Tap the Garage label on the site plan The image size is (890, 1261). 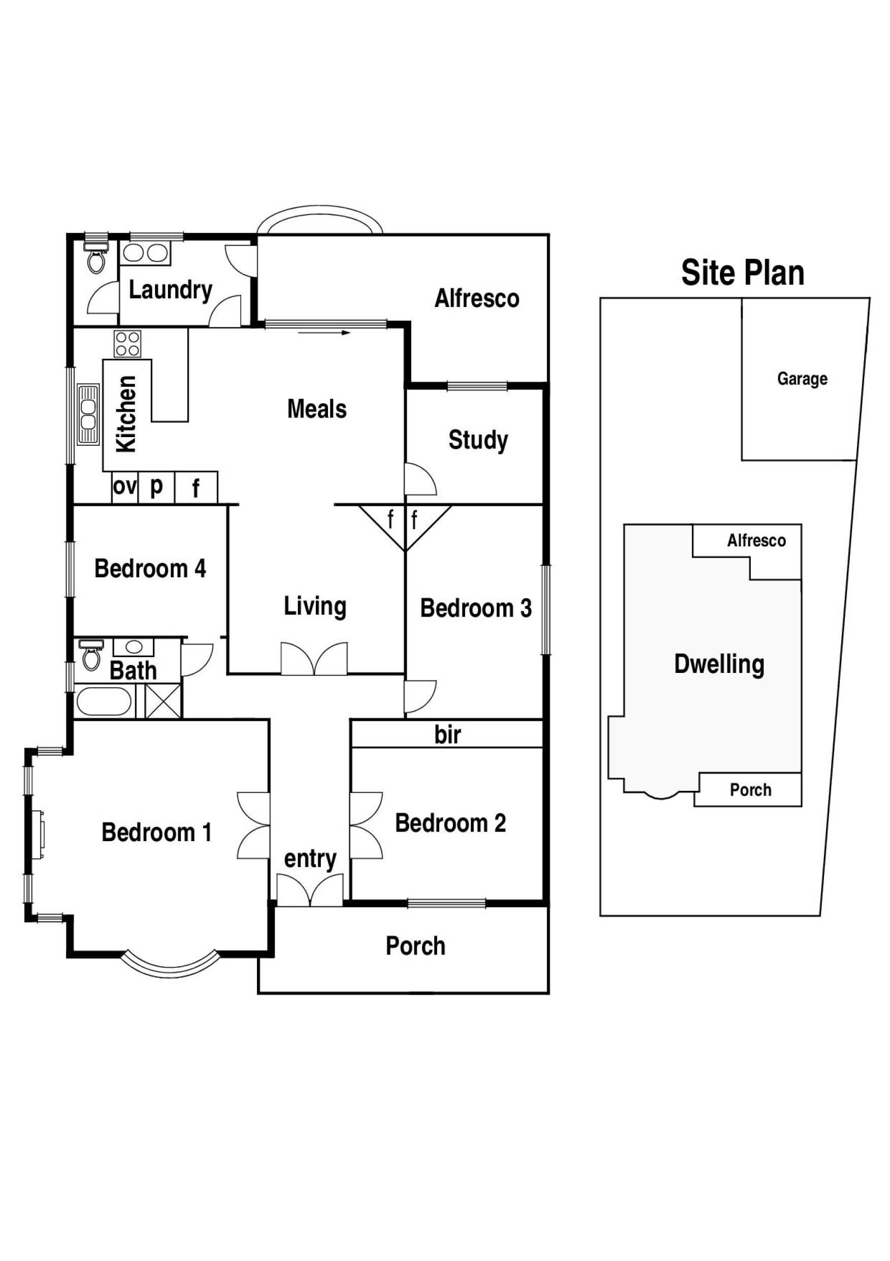point(802,379)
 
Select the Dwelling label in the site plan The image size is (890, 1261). point(718,664)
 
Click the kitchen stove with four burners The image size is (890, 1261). point(127,344)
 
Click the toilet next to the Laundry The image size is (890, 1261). point(96,258)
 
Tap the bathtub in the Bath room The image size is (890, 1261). point(103,702)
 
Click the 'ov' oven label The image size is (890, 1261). point(124,486)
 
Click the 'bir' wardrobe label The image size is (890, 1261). point(447,735)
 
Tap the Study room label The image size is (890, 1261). point(478,440)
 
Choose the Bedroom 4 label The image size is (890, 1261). point(150,568)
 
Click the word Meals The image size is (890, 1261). point(317,409)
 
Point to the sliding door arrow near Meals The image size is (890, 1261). point(324,332)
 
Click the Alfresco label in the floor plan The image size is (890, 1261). point(476,298)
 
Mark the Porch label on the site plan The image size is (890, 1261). point(750,790)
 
